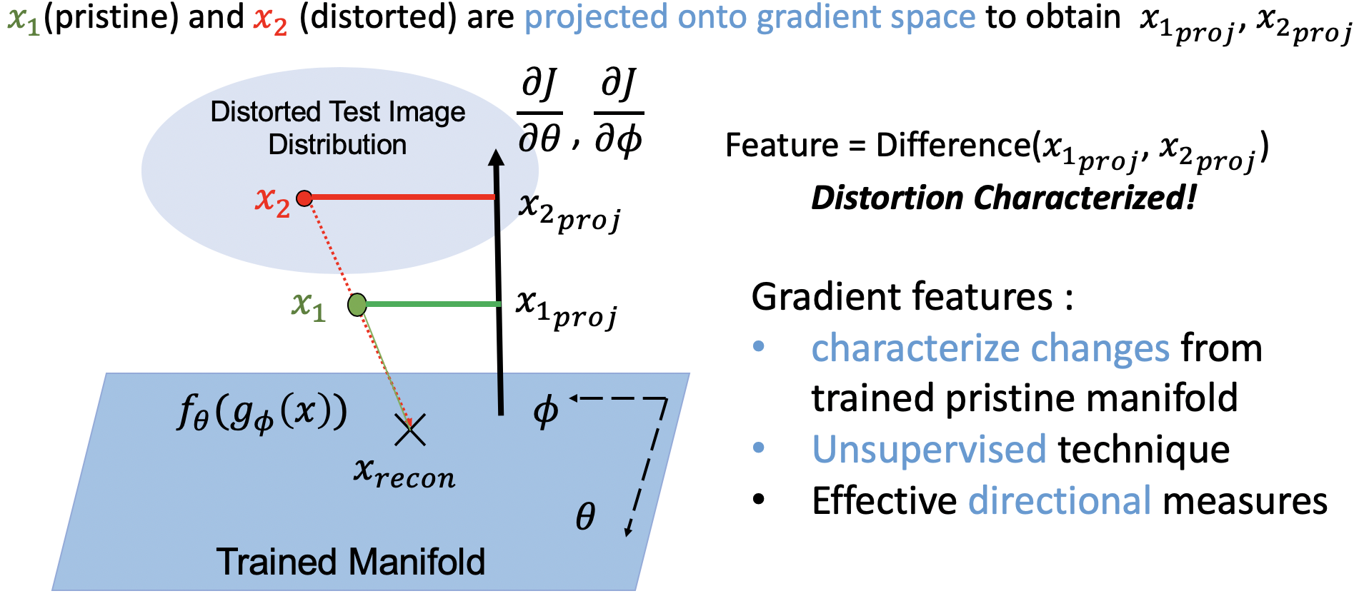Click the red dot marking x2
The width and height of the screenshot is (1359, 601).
pyautogui.click(x=304, y=198)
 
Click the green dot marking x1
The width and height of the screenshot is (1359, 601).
pyautogui.click(x=357, y=305)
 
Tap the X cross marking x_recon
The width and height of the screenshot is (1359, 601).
pyautogui.click(x=410, y=430)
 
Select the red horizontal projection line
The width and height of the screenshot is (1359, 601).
pyautogui.click(x=400, y=197)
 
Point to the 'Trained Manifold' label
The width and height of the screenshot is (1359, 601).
pyautogui.click(x=350, y=562)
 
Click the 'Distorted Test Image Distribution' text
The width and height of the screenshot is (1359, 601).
pyautogui.click(x=337, y=128)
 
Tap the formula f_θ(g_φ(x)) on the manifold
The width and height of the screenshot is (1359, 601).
pyautogui.click(x=262, y=413)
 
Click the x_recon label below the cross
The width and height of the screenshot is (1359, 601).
pyautogui.click(x=404, y=473)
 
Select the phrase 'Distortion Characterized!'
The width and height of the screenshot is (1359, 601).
pyautogui.click(x=1003, y=198)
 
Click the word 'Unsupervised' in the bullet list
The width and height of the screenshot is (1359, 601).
pyautogui.click(x=929, y=450)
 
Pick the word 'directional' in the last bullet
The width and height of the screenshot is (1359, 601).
pyautogui.click(x=1060, y=500)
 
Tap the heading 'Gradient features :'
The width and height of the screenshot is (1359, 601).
pyautogui.click(x=912, y=296)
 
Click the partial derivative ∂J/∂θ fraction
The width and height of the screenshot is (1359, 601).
pyautogui.click(x=539, y=112)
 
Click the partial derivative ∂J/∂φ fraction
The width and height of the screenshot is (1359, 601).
pyautogui.click(x=619, y=112)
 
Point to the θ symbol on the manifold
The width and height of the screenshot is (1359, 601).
pyautogui.click(x=585, y=515)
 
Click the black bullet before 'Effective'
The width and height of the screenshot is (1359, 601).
pyautogui.click(x=759, y=500)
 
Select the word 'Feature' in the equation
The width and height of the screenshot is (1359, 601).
pyautogui.click(x=781, y=146)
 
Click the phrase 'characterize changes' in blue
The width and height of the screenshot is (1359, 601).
pyautogui.click(x=990, y=349)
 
